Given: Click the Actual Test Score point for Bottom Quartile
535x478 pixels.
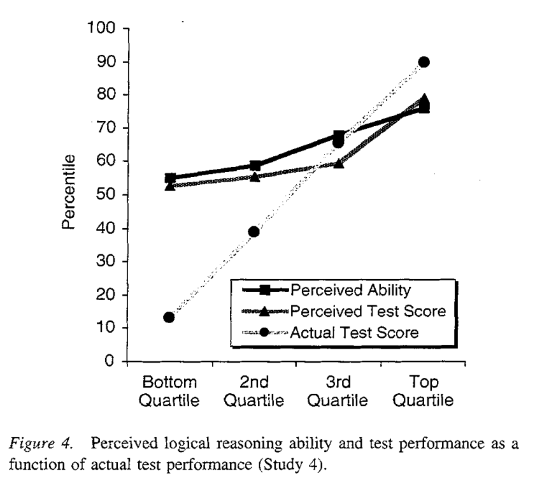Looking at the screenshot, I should (x=169, y=317).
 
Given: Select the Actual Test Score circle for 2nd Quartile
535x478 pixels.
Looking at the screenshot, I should (x=253, y=231).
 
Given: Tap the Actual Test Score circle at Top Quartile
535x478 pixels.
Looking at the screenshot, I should (x=424, y=62).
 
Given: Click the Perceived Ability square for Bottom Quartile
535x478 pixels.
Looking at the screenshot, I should (x=169, y=178).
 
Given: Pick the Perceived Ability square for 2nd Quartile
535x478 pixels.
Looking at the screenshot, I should (x=255, y=166).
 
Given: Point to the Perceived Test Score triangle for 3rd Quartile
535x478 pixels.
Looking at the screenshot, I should (x=339, y=163).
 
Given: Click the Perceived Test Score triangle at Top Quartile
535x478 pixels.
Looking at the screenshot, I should (x=424, y=99).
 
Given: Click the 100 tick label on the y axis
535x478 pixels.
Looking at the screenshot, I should (x=100, y=29).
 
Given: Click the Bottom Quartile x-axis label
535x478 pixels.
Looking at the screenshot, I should (x=169, y=392).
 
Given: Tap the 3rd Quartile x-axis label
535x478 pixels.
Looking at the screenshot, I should (x=339, y=392).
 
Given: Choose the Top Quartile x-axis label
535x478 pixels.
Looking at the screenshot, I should (x=424, y=392).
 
